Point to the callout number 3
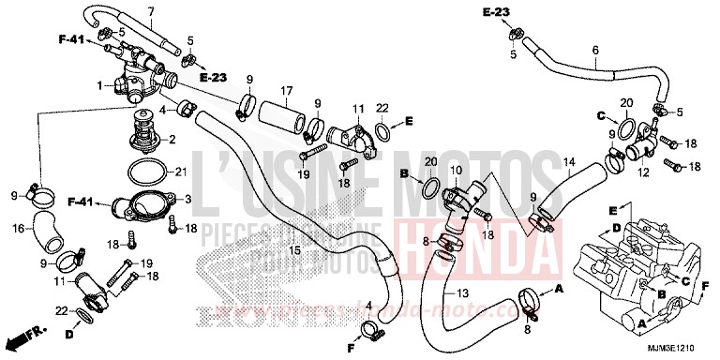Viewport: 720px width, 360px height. pyautogui.click(x=188, y=200)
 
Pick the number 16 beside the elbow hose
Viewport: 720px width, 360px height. pyautogui.click(x=18, y=227)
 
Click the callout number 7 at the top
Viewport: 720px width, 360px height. pyautogui.click(x=150, y=11)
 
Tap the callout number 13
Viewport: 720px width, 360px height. pyautogui.click(x=462, y=293)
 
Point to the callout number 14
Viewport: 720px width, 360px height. pyautogui.click(x=569, y=162)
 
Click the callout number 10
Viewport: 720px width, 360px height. pyautogui.click(x=457, y=170)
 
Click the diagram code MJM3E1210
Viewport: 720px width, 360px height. pyautogui.click(x=677, y=348)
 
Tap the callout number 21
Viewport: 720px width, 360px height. pyautogui.click(x=182, y=172)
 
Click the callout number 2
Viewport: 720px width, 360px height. pyautogui.click(x=172, y=138)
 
